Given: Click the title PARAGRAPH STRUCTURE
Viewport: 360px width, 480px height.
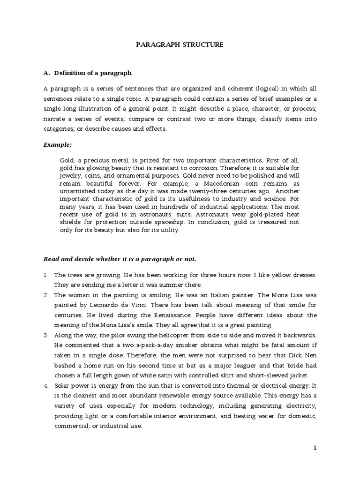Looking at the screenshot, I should point(180,45).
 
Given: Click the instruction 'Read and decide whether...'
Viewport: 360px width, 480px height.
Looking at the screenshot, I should point(120,258).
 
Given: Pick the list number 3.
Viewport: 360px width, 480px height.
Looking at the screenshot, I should point(45,336).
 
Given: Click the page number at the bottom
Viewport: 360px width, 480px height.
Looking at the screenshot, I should point(315,448).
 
